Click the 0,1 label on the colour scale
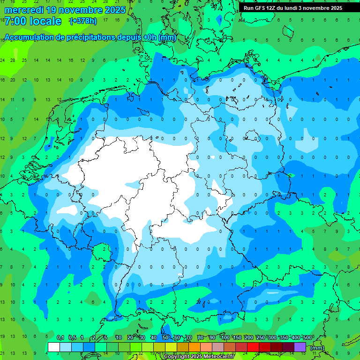[x=60, y=338]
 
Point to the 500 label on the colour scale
[x=307, y=338]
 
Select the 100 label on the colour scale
[x=225, y=338]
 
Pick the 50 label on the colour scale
[x=165, y=338]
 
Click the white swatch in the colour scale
[x=54, y=347]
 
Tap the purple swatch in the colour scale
[x=300, y=347]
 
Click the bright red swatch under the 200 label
[x=253, y=347]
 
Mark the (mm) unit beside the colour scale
[x=317, y=347]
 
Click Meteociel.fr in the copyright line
[x=218, y=357]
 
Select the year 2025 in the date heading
[x=114, y=10]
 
